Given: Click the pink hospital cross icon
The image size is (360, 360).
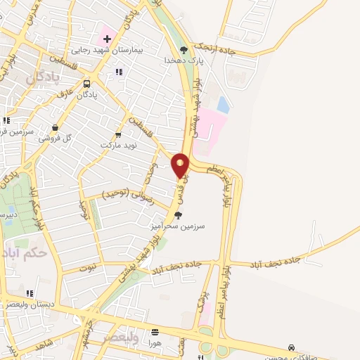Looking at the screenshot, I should point(107,37).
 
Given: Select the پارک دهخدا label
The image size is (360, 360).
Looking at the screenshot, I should point(184,61).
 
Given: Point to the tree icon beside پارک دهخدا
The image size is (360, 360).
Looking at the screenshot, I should point(184,49).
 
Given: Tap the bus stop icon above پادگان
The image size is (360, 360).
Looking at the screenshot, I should point(86,83).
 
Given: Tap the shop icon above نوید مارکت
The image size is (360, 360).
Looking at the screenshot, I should point(117,134).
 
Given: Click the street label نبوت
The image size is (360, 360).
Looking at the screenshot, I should point(88,267).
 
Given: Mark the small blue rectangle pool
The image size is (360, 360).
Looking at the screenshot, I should point(223,105).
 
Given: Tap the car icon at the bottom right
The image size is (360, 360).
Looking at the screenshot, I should point(291,347).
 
